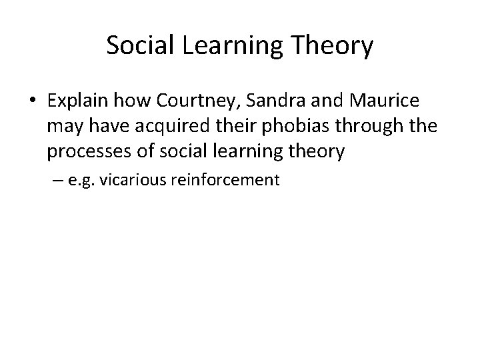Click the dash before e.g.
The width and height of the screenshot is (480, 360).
[x=53, y=180]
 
